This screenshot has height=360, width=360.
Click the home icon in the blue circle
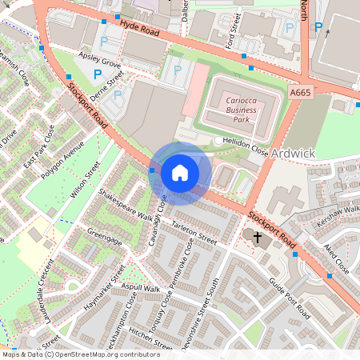pyautogui.click(x=180, y=173)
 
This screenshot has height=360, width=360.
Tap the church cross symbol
pyautogui.click(x=257, y=238)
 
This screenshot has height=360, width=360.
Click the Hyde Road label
pyautogui.click(x=141, y=30)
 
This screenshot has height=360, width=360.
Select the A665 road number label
pyautogui.click(x=300, y=94)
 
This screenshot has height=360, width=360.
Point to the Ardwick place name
pyautogui.click(x=293, y=152)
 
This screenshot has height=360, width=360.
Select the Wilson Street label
pyautogui.click(x=85, y=180)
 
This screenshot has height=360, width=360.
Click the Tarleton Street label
pyautogui.click(x=194, y=233)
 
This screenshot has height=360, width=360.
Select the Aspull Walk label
pyautogui.click(x=142, y=288)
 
